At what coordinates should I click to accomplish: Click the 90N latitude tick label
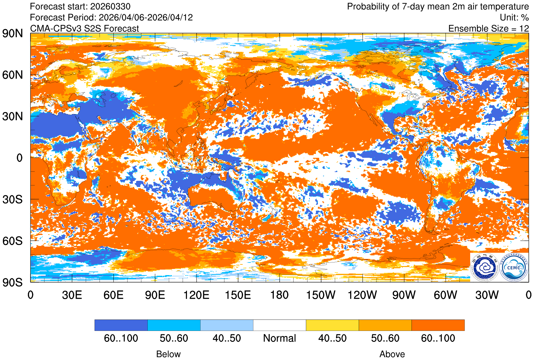pyautogui.click(x=13, y=33)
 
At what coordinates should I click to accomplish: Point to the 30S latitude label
pyautogui.click(x=13, y=200)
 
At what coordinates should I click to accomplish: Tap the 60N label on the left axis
pyautogui.click(x=13, y=75)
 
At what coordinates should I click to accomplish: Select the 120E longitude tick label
pyautogui.click(x=196, y=295)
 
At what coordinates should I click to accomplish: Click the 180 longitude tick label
pyautogui.click(x=279, y=295)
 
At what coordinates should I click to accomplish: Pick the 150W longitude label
pyautogui.click(x=320, y=295)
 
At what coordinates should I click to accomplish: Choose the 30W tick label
pyautogui.click(x=487, y=295)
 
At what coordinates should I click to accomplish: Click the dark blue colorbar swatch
pyautogui.click(x=121, y=325)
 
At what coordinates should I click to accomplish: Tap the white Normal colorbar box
pyautogui.click(x=279, y=325)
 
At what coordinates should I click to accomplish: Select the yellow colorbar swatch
pyautogui.click(x=332, y=325)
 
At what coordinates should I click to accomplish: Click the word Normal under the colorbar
pyautogui.click(x=279, y=338)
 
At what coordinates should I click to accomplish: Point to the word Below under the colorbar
pyautogui.click(x=168, y=354)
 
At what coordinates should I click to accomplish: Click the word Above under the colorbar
pyautogui.click(x=392, y=354)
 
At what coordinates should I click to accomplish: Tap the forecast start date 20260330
pyautogui.click(x=110, y=6)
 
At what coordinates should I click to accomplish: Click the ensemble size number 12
pyautogui.click(x=524, y=29)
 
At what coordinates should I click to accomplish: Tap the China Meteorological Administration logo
pyautogui.click(x=485, y=267)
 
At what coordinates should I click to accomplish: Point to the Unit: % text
pyautogui.click(x=514, y=17)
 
